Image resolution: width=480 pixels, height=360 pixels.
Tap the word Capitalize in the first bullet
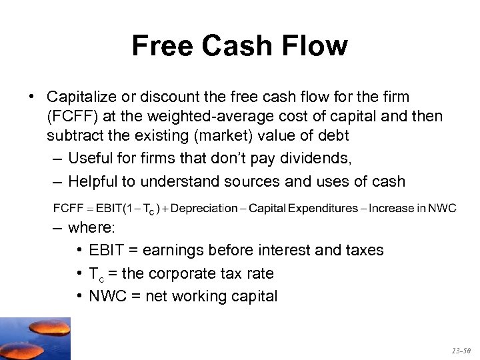pos(81,98)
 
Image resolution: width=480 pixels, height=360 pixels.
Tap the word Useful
pos(89,159)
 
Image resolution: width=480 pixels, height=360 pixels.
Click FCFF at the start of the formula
pos(67,208)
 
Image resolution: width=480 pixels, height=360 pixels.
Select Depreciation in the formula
pos(203,208)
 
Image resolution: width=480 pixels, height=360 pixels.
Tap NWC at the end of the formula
pos(442,208)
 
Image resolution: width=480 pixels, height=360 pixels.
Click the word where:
pos(92,228)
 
